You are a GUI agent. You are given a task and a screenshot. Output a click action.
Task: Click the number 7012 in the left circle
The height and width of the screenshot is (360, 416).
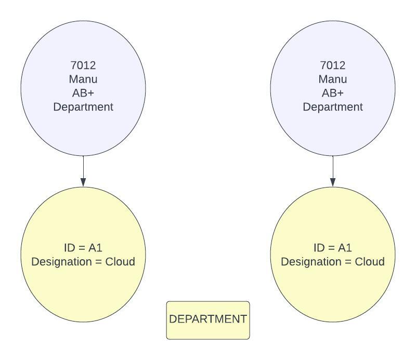(x=83, y=65)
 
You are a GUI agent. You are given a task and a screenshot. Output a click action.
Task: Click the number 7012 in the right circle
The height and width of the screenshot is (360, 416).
(x=333, y=65)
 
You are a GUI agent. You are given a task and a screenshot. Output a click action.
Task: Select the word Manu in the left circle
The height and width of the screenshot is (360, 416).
(x=83, y=79)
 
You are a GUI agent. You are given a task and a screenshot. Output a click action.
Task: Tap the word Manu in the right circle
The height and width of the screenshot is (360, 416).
(x=333, y=79)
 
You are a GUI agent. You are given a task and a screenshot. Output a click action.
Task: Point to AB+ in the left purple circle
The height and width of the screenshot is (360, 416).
(x=83, y=93)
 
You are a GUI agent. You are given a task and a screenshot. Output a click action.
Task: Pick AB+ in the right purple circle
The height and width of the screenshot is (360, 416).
(x=333, y=93)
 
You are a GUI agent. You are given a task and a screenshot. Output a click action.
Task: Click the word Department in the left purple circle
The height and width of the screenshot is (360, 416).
(x=83, y=107)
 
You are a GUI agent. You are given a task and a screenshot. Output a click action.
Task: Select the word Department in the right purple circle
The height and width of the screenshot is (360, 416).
(x=333, y=107)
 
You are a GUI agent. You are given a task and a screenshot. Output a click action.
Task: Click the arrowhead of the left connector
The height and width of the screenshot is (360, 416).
(x=83, y=182)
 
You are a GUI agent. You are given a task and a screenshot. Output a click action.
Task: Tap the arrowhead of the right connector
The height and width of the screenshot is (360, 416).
(x=333, y=182)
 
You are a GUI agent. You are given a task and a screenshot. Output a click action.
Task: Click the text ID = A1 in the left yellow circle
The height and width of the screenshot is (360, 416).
(x=83, y=248)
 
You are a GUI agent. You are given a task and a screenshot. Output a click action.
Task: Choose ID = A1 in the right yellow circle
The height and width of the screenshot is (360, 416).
(x=333, y=248)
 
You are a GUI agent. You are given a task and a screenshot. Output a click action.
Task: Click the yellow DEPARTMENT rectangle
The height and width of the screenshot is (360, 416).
(x=208, y=320)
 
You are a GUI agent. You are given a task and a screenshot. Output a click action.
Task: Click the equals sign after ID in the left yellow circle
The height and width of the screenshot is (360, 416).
(x=83, y=248)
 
